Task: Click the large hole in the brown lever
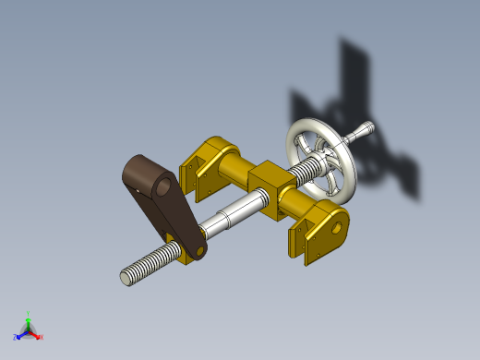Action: [162, 186]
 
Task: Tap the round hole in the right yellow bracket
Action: [337, 226]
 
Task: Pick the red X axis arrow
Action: [36, 335]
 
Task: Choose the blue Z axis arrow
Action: [21, 335]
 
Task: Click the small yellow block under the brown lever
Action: [194, 251]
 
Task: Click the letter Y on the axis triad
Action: [29, 314]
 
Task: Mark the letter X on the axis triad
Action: [41, 337]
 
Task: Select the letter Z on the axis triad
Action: [16, 338]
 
